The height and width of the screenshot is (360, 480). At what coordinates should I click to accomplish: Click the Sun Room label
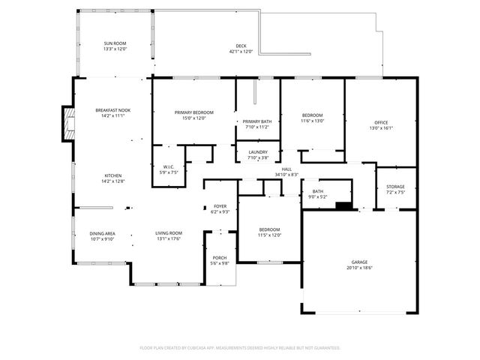coord(115,44)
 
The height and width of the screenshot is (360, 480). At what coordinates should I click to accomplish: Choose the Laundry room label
coord(257,152)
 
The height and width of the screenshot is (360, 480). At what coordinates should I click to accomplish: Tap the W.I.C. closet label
coord(169,166)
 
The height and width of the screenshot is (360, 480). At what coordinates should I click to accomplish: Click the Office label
coord(381,122)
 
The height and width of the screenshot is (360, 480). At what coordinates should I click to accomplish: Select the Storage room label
coord(395,187)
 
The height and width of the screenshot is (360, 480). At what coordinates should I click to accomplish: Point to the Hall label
coord(286,169)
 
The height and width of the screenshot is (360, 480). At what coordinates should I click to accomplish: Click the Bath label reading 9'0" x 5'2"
coord(317,191)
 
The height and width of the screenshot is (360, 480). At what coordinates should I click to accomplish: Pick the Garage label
coord(359,262)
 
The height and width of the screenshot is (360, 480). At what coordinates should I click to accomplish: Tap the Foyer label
coord(220,205)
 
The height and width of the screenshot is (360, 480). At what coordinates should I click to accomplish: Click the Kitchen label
coord(112,175)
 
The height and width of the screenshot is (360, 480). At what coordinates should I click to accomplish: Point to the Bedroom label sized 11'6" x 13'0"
coord(312,115)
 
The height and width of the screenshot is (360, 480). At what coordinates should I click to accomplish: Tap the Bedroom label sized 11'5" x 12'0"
coord(269,229)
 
